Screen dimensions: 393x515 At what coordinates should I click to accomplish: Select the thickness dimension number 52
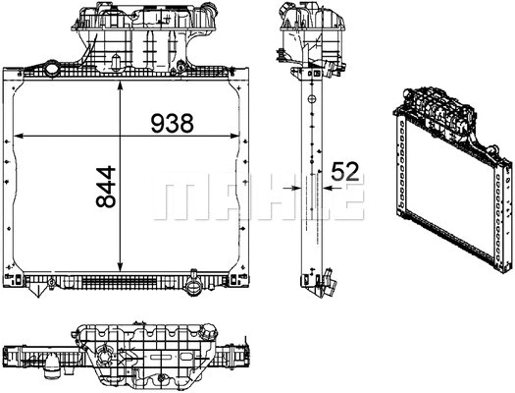(344, 170)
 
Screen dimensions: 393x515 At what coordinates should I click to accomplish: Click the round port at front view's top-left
(49, 69)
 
